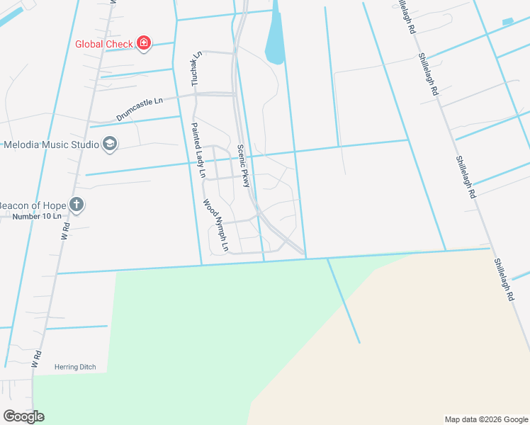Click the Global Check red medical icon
click(144, 44)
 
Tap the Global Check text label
click(105, 44)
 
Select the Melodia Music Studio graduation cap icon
click(110, 144)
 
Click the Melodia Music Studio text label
click(51, 144)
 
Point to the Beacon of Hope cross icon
click(77, 205)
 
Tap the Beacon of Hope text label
click(32, 205)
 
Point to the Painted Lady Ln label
click(198, 150)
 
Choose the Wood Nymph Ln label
click(216, 225)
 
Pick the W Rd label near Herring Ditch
click(37, 358)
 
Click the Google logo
click(23, 416)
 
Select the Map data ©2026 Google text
click(486, 419)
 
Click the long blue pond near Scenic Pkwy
click(275, 39)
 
